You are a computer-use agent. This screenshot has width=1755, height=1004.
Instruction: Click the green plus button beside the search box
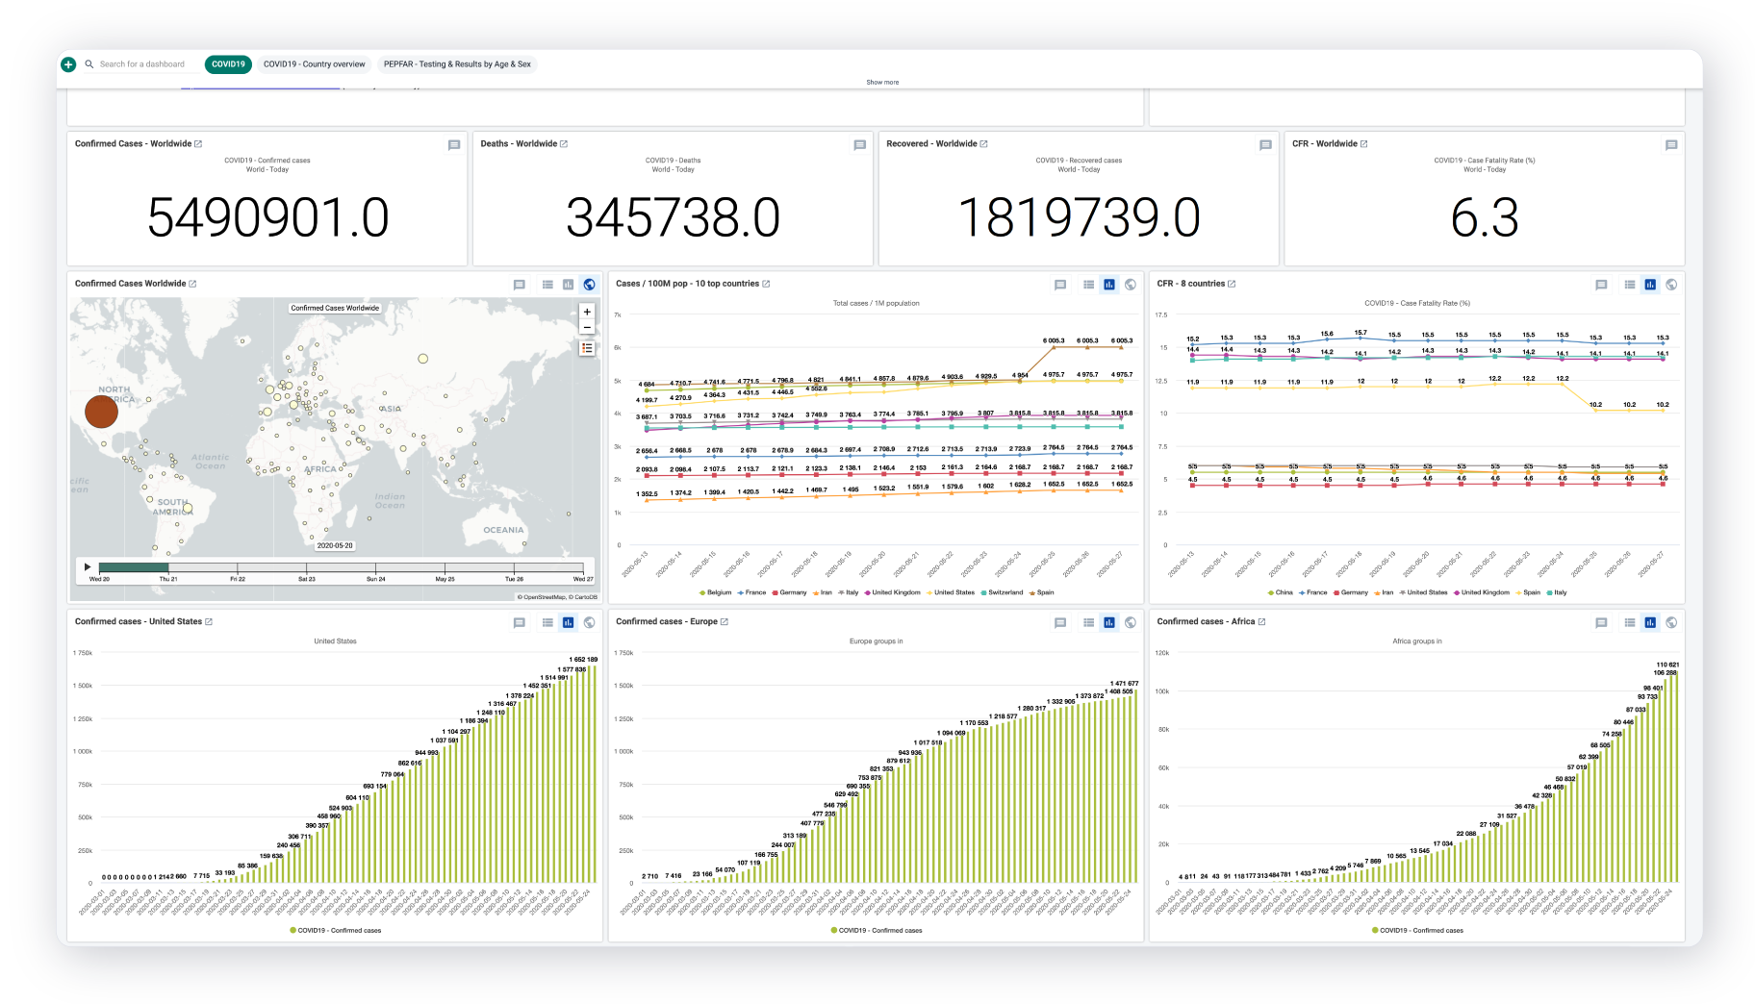coord(68,64)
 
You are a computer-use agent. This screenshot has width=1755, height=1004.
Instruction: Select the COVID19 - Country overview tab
coord(314,64)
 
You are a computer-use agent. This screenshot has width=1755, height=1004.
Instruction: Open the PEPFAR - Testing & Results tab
coord(457,64)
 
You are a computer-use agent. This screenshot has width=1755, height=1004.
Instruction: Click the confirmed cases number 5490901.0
coord(267,217)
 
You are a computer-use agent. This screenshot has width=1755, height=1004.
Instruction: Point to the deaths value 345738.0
coord(673,217)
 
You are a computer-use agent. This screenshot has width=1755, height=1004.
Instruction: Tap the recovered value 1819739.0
coord(1079,217)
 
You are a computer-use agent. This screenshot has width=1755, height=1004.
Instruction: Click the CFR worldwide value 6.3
coord(1484,217)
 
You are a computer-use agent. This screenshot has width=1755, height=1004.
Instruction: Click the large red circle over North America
coord(101,411)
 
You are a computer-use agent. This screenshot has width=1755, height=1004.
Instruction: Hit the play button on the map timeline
coord(88,567)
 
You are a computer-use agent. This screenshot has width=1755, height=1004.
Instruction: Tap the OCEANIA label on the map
coord(503,530)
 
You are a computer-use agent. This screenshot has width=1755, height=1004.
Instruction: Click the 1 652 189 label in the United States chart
coord(584,660)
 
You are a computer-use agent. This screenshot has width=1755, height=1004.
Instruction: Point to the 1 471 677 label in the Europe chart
coord(1124,683)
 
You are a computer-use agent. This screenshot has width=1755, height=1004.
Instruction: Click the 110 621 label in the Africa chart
coord(1667,665)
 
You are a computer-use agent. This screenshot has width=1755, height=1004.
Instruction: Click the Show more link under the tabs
coord(882,83)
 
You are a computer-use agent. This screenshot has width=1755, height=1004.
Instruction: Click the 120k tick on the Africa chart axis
coord(1161,653)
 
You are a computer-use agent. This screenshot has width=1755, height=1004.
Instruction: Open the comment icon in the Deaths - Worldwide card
coord(859,145)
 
